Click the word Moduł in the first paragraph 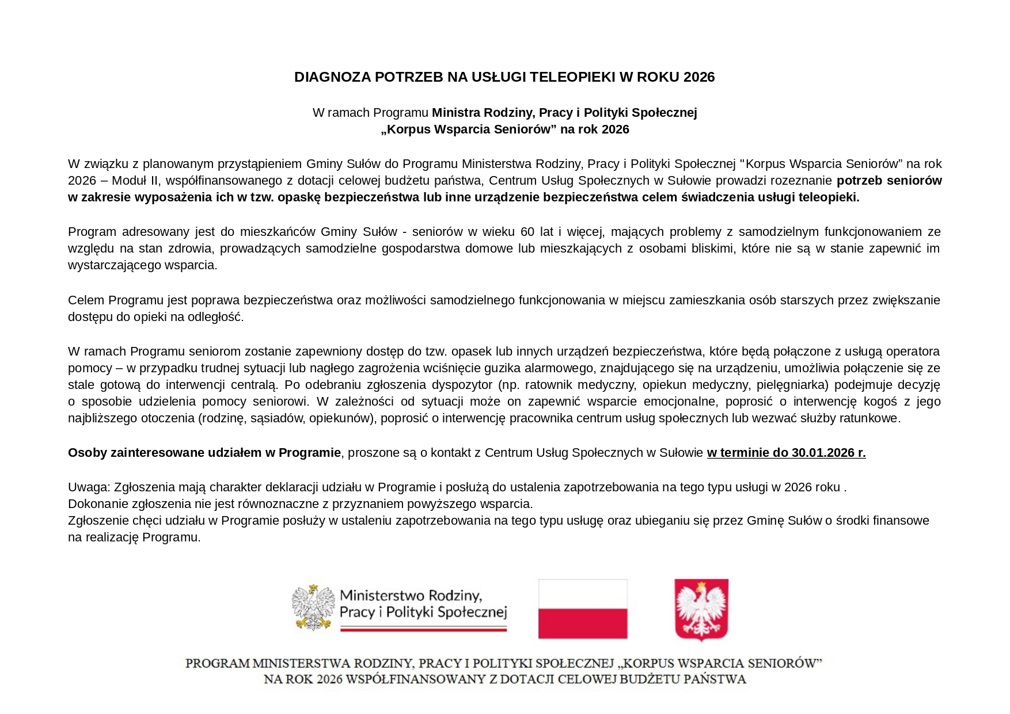coord(130,181)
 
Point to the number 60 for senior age coord(527,232)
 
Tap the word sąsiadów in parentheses coord(277,418)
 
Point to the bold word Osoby coord(87,453)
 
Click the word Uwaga coord(88,487)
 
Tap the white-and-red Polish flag coord(583,609)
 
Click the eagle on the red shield coord(701,609)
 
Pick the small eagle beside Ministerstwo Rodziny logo coord(313,607)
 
